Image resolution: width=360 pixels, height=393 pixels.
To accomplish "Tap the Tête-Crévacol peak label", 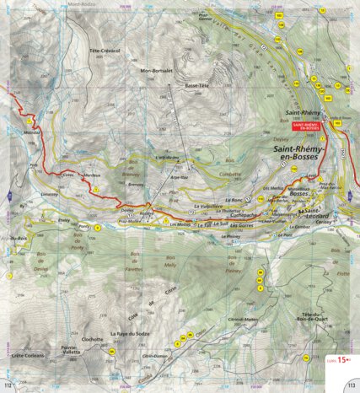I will pos(105,51).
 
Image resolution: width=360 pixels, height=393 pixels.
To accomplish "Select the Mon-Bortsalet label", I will pos(156,71).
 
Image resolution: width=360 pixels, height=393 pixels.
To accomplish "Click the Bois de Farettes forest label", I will pos(134,269).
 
